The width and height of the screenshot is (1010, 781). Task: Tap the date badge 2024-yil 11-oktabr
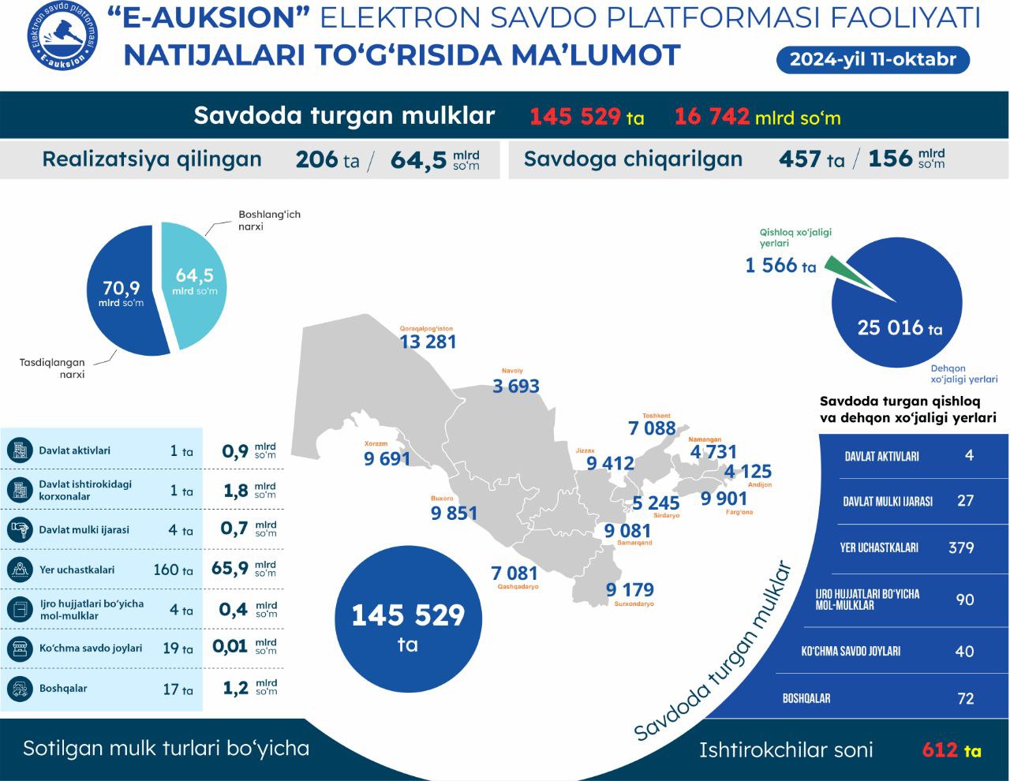[873, 59]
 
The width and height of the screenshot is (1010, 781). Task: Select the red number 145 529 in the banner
[575, 117]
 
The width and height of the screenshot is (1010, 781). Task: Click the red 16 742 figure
[712, 117]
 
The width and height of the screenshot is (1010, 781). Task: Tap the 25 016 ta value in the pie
[900, 327]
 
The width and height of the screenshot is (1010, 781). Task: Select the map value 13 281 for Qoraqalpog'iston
[428, 342]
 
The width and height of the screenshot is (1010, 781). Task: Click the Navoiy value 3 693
[515, 386]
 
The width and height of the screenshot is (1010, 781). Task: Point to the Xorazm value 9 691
[387, 458]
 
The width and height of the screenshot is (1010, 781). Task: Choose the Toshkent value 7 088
[652, 428]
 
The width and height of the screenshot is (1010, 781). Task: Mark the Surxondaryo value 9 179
[630, 590]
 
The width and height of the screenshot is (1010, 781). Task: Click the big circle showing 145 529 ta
[407, 623]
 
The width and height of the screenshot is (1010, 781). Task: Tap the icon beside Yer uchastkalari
[17, 570]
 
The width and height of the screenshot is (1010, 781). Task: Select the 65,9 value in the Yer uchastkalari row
[230, 569]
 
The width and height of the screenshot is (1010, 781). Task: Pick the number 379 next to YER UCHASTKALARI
[961, 547]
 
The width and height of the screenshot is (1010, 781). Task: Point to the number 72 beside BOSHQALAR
[965, 698]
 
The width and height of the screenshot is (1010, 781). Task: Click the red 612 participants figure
[940, 749]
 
